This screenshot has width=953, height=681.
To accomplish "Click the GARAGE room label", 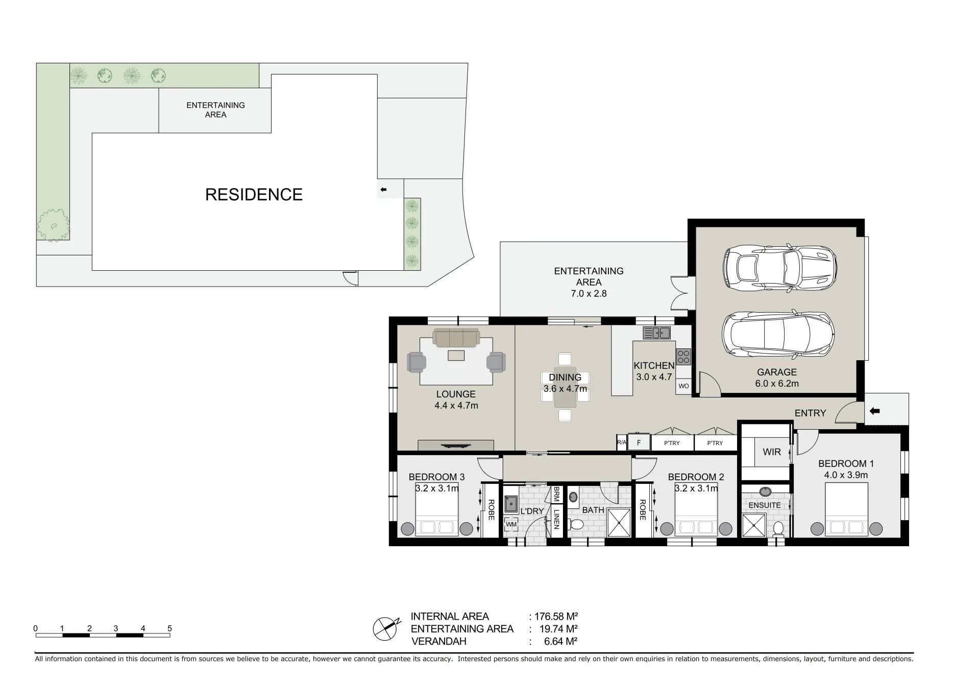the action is [777, 372].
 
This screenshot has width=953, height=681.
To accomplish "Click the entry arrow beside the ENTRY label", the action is [874, 411].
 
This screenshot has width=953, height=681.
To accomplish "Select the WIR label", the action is [772, 452].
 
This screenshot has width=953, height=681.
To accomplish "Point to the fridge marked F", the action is [639, 442].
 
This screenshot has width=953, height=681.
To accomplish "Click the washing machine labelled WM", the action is [511, 524].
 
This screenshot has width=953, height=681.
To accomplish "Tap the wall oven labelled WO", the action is [683, 386].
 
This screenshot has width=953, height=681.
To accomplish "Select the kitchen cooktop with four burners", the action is [683, 357].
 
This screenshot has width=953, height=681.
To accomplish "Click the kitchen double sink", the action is [657, 333].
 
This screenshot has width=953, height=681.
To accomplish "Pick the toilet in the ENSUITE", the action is [778, 528].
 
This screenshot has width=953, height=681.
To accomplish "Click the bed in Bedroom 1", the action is [846, 509].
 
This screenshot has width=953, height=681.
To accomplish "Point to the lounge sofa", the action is [456, 338].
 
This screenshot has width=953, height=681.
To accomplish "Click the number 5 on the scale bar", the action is [169, 628].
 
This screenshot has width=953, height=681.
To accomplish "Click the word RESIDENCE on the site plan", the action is [254, 195].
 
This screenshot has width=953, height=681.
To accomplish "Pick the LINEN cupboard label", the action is [556, 519].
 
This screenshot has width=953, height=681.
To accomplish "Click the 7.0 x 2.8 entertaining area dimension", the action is [589, 294].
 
